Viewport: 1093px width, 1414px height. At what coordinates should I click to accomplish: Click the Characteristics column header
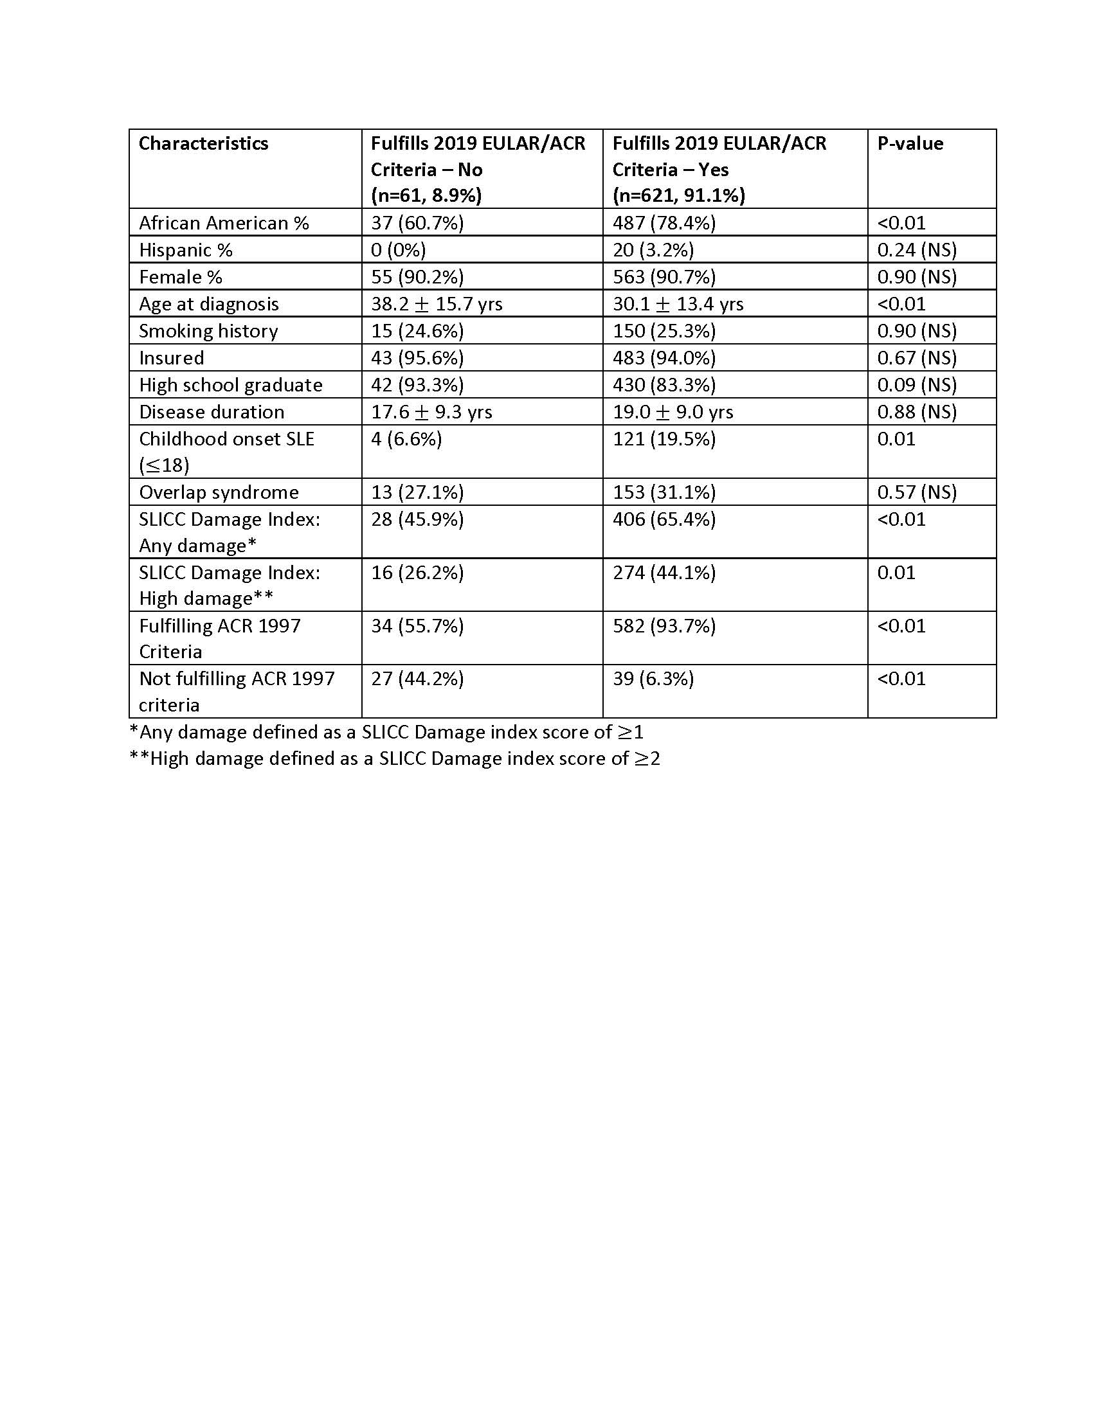click(203, 143)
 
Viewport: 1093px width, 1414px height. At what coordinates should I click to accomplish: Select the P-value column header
click(910, 143)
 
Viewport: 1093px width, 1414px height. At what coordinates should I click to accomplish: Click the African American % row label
click(223, 223)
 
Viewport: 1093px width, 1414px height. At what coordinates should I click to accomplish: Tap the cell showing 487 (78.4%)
click(664, 223)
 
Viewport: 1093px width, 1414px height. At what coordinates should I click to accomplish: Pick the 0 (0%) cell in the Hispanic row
click(398, 250)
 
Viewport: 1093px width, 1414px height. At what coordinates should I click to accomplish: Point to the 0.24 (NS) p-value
click(916, 250)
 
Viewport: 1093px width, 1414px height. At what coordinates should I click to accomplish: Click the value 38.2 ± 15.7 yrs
click(437, 303)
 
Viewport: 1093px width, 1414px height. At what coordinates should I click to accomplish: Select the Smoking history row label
click(208, 331)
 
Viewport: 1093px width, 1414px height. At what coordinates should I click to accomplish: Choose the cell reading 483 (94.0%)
click(664, 358)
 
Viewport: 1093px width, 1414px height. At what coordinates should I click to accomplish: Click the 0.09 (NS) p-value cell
click(916, 384)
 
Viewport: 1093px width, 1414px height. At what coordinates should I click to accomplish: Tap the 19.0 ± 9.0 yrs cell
click(673, 412)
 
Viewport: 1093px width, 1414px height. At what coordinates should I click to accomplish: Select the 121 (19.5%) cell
click(664, 439)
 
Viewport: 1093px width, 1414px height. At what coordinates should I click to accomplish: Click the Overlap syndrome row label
click(219, 492)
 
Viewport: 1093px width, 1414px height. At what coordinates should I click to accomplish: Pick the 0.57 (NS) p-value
click(916, 492)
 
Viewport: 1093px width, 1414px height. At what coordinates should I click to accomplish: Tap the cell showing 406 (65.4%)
click(664, 519)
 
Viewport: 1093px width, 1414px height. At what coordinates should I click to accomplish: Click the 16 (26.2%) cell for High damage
click(417, 572)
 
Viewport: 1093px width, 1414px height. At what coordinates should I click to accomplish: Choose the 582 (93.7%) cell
click(664, 626)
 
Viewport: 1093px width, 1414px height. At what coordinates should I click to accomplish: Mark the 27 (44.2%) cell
click(417, 679)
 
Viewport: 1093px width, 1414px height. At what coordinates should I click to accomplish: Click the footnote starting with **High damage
click(394, 758)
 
